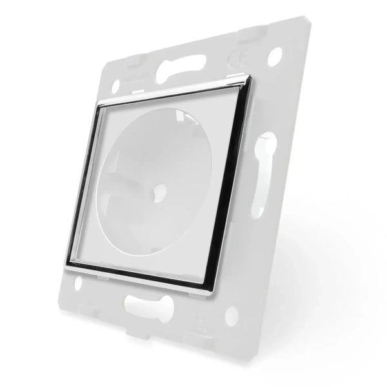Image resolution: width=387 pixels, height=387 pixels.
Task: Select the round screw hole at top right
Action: click(273, 56)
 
